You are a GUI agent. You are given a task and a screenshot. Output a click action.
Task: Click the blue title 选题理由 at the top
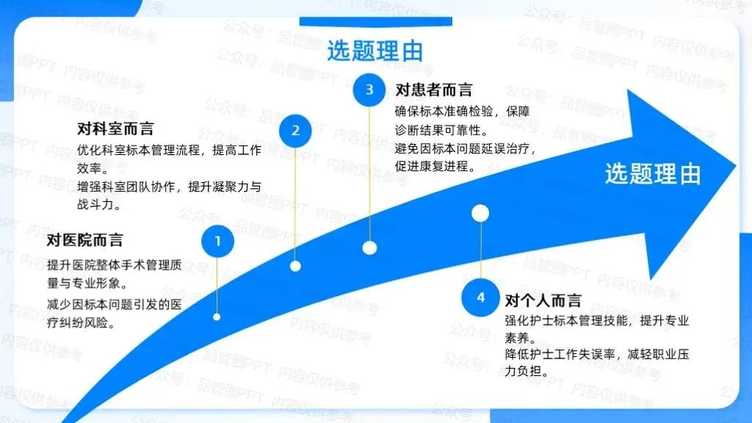(x=375, y=51)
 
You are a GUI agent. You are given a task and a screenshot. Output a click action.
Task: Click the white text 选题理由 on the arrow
(x=653, y=173)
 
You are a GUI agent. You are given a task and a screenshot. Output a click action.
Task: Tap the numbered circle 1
(x=217, y=241)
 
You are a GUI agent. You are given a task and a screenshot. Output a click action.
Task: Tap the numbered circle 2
(x=295, y=131)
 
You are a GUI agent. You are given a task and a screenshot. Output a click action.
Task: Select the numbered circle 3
(x=369, y=90)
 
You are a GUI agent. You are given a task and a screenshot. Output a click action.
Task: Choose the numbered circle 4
(x=480, y=297)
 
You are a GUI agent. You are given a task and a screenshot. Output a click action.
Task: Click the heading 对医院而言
(x=84, y=239)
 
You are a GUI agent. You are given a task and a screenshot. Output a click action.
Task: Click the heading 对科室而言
(x=115, y=129)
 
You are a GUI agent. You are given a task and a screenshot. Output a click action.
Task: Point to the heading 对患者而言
(x=434, y=90)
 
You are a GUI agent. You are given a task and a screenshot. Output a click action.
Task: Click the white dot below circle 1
(x=217, y=317)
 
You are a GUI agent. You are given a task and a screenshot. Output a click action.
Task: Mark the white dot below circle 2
(x=295, y=266)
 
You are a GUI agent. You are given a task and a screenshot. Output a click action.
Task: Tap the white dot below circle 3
(x=369, y=247)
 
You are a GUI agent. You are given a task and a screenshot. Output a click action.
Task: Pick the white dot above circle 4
(x=480, y=213)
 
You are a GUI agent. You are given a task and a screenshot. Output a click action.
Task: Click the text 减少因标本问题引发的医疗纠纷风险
(x=114, y=312)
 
